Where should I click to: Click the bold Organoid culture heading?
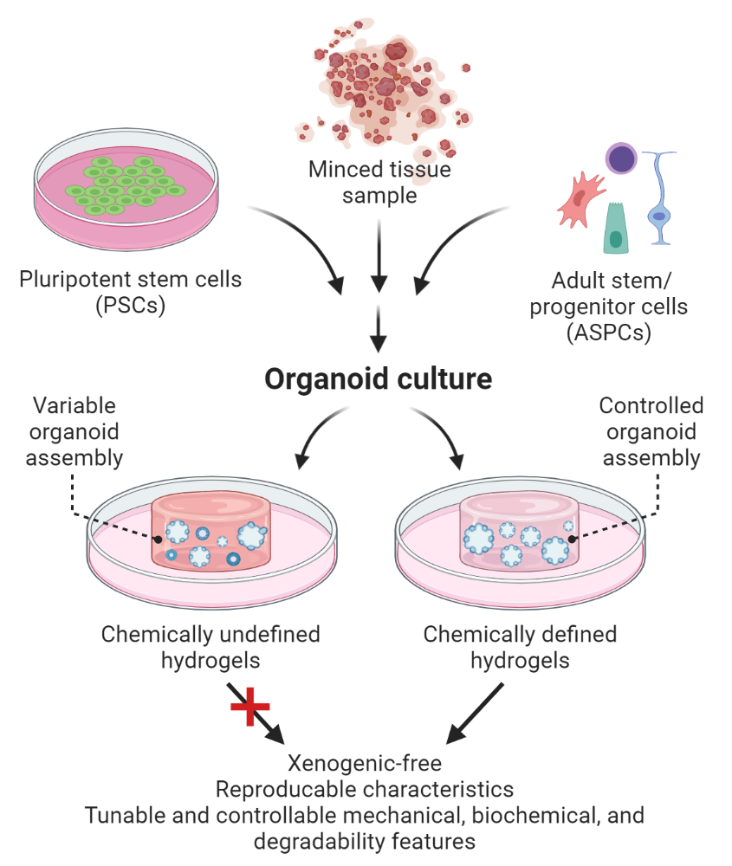click(x=378, y=378)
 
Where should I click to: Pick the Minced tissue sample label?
click(x=379, y=182)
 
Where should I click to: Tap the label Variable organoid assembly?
click(x=74, y=431)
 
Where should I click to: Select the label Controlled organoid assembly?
click(x=651, y=431)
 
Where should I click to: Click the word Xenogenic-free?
click(x=365, y=764)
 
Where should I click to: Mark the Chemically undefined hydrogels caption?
click(x=211, y=647)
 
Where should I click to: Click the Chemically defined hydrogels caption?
click(x=520, y=647)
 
